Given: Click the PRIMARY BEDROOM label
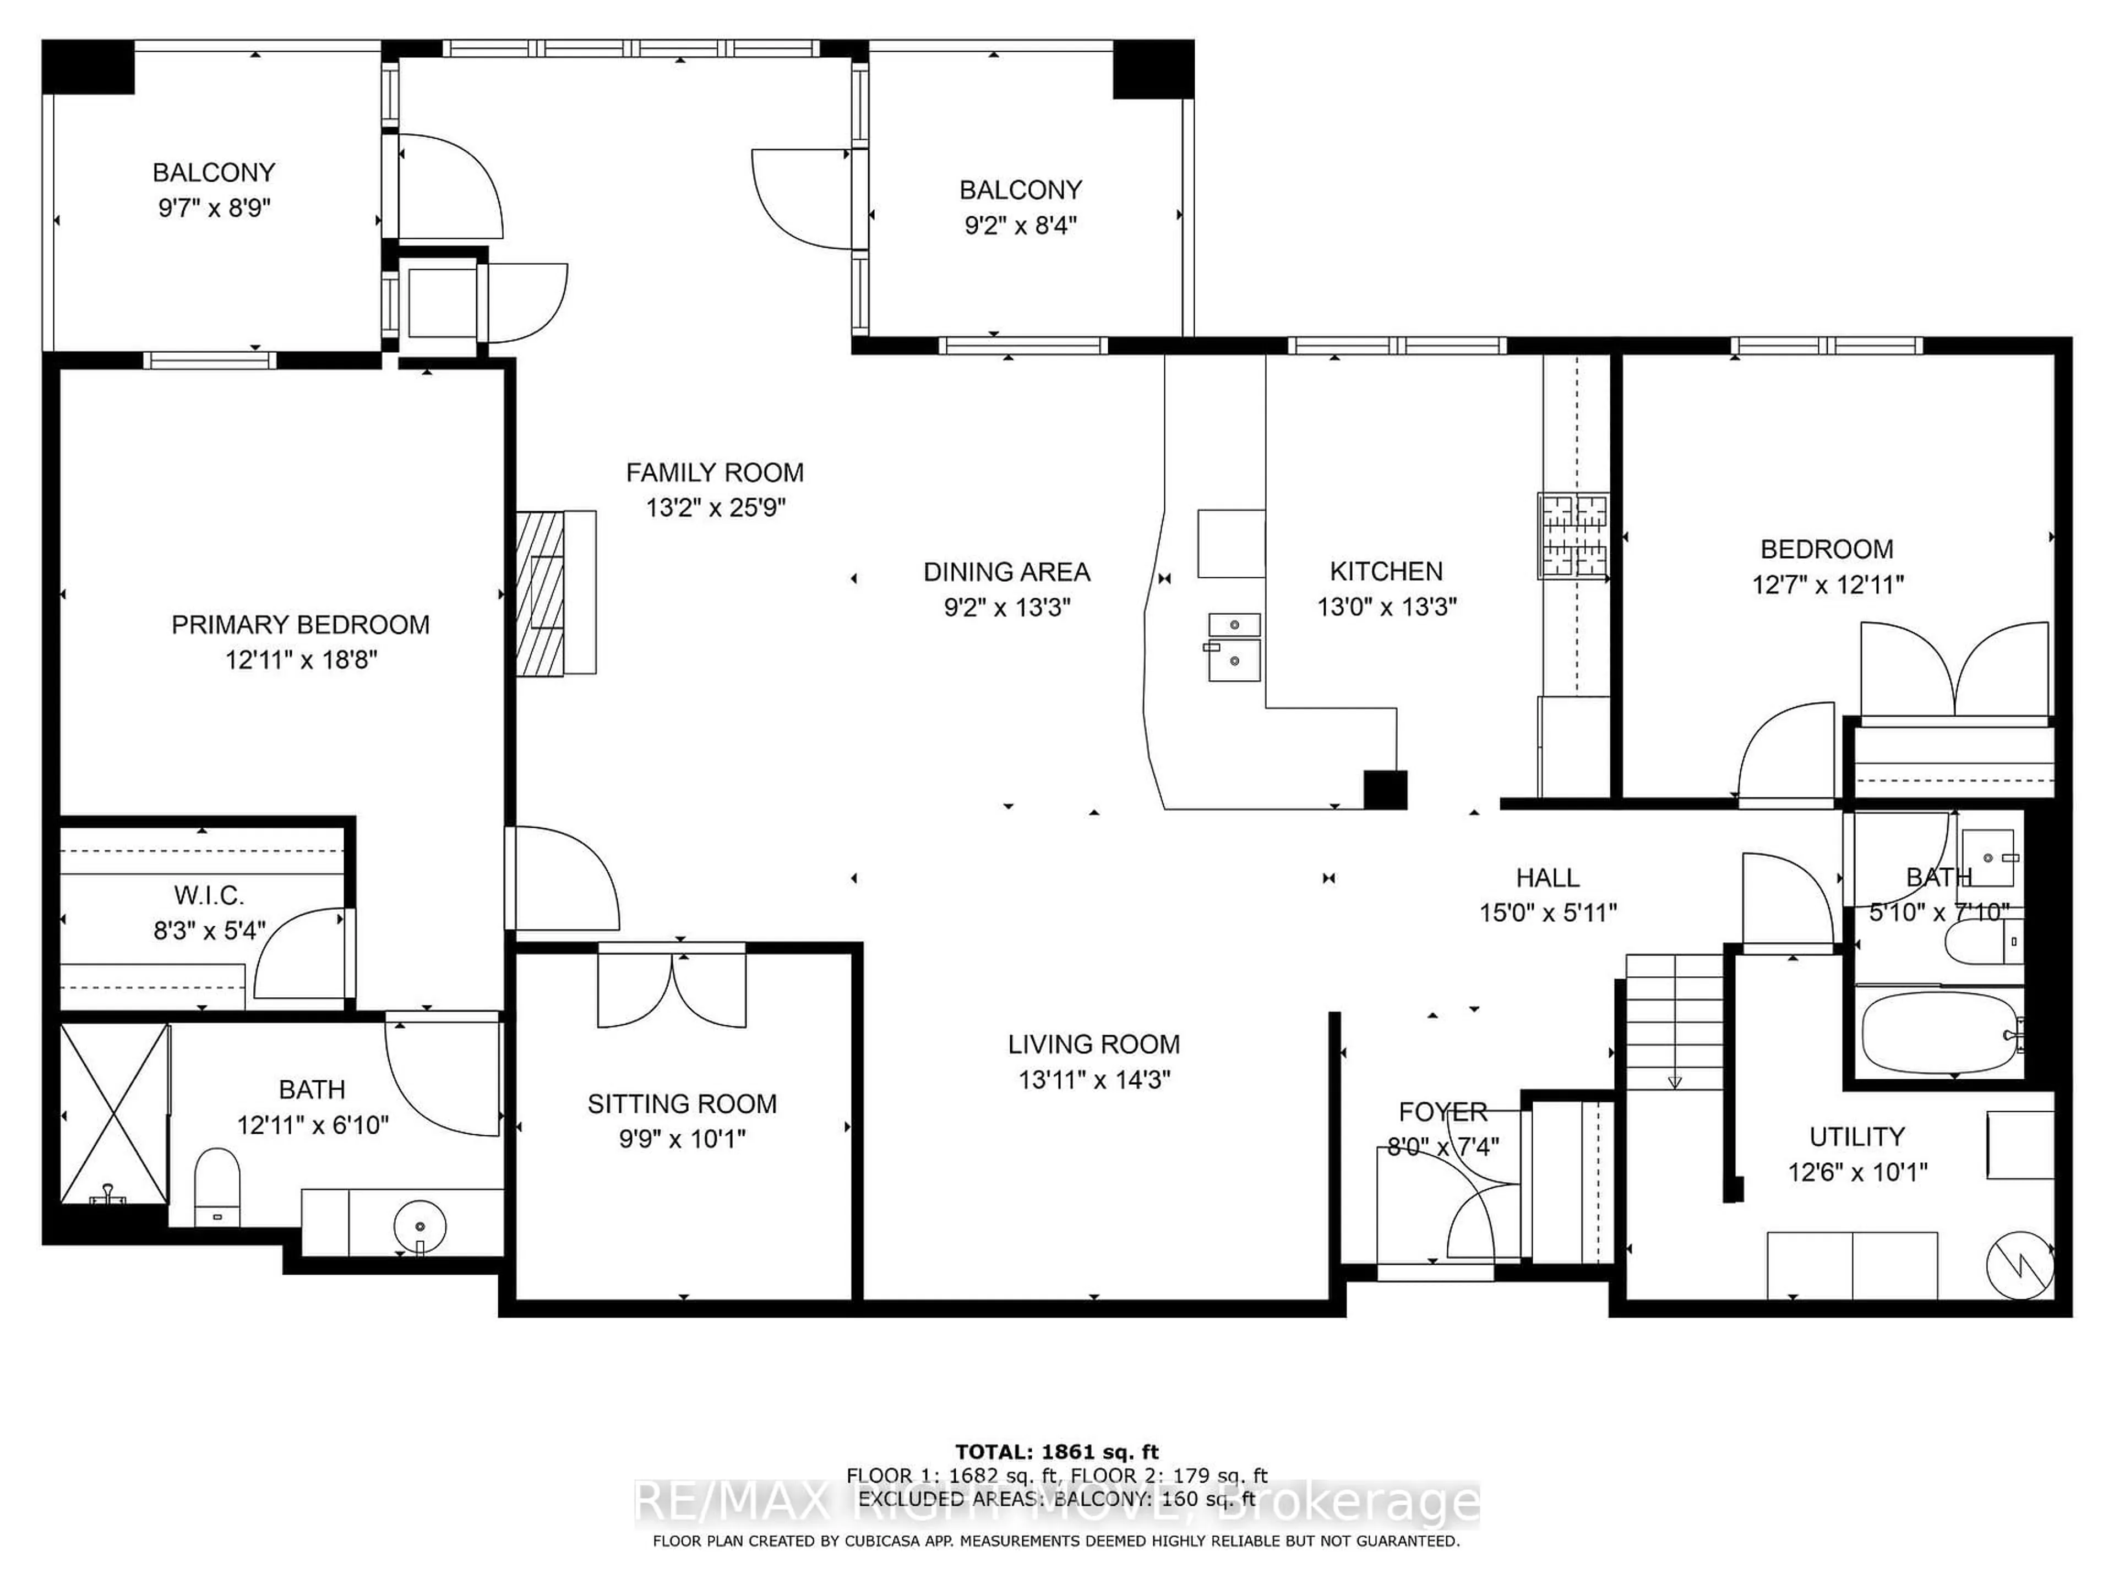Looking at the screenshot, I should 300,625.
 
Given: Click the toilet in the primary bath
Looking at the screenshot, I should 217,1185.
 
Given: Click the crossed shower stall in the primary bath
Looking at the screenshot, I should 115,1113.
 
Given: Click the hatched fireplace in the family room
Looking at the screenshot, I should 540,592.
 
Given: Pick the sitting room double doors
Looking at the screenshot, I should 672,989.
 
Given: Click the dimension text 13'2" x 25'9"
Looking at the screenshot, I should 715,507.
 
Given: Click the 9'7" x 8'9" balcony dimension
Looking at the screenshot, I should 214,207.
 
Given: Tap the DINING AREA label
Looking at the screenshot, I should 1006,571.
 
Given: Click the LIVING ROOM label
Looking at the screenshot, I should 1093,1044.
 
